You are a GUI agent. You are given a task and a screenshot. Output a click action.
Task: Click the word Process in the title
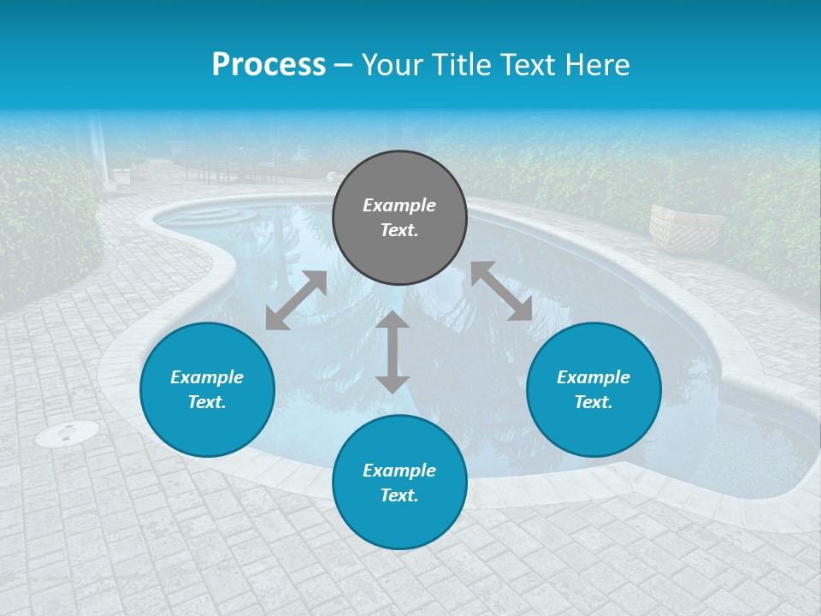(x=269, y=65)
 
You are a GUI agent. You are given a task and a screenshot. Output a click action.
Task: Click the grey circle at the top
(x=399, y=218)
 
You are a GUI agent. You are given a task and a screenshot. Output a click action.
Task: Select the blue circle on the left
(x=207, y=390)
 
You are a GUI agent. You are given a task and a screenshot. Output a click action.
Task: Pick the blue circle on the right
(x=594, y=390)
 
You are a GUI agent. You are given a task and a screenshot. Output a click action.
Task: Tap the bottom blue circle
(x=399, y=483)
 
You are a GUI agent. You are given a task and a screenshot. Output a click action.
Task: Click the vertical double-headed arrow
(x=393, y=352)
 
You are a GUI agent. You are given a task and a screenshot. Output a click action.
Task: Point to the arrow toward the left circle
(x=296, y=300)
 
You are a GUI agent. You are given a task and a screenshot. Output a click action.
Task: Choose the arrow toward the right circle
(x=501, y=291)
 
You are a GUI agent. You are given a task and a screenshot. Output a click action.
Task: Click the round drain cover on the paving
(x=67, y=434)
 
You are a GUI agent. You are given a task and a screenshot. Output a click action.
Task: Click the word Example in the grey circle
(x=399, y=205)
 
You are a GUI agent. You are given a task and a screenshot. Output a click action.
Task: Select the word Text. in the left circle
(x=207, y=402)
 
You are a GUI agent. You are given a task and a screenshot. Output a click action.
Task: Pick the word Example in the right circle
(x=594, y=377)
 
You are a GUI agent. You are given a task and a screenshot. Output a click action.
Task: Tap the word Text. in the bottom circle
(x=399, y=495)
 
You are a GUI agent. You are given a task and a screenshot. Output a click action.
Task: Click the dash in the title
(x=344, y=65)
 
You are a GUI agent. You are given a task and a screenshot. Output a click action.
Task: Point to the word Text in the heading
(x=526, y=65)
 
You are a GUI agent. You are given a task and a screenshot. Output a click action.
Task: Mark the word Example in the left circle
(x=207, y=377)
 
